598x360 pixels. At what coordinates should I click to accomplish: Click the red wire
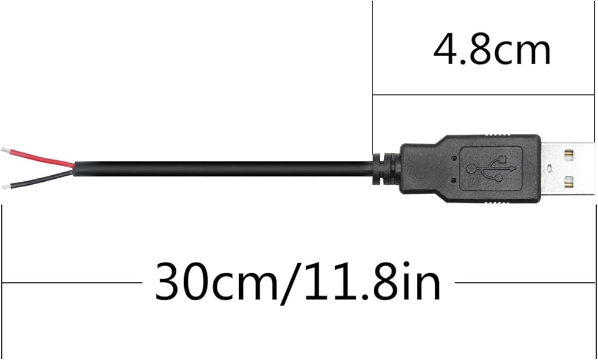point(42,157)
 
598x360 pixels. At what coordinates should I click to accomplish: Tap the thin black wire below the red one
point(42,179)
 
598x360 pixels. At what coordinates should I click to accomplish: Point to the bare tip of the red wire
point(6,150)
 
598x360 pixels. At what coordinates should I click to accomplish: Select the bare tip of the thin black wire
point(6,187)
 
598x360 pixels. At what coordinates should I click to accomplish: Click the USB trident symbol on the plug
point(492,168)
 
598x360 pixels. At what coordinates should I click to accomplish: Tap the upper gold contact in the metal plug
point(569,154)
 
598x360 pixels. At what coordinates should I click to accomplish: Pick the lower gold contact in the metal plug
point(569,182)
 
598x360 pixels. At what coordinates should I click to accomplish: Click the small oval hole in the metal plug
point(550,168)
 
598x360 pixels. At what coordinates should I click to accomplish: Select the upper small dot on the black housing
point(453,157)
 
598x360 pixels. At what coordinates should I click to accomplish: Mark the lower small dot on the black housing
point(453,179)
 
